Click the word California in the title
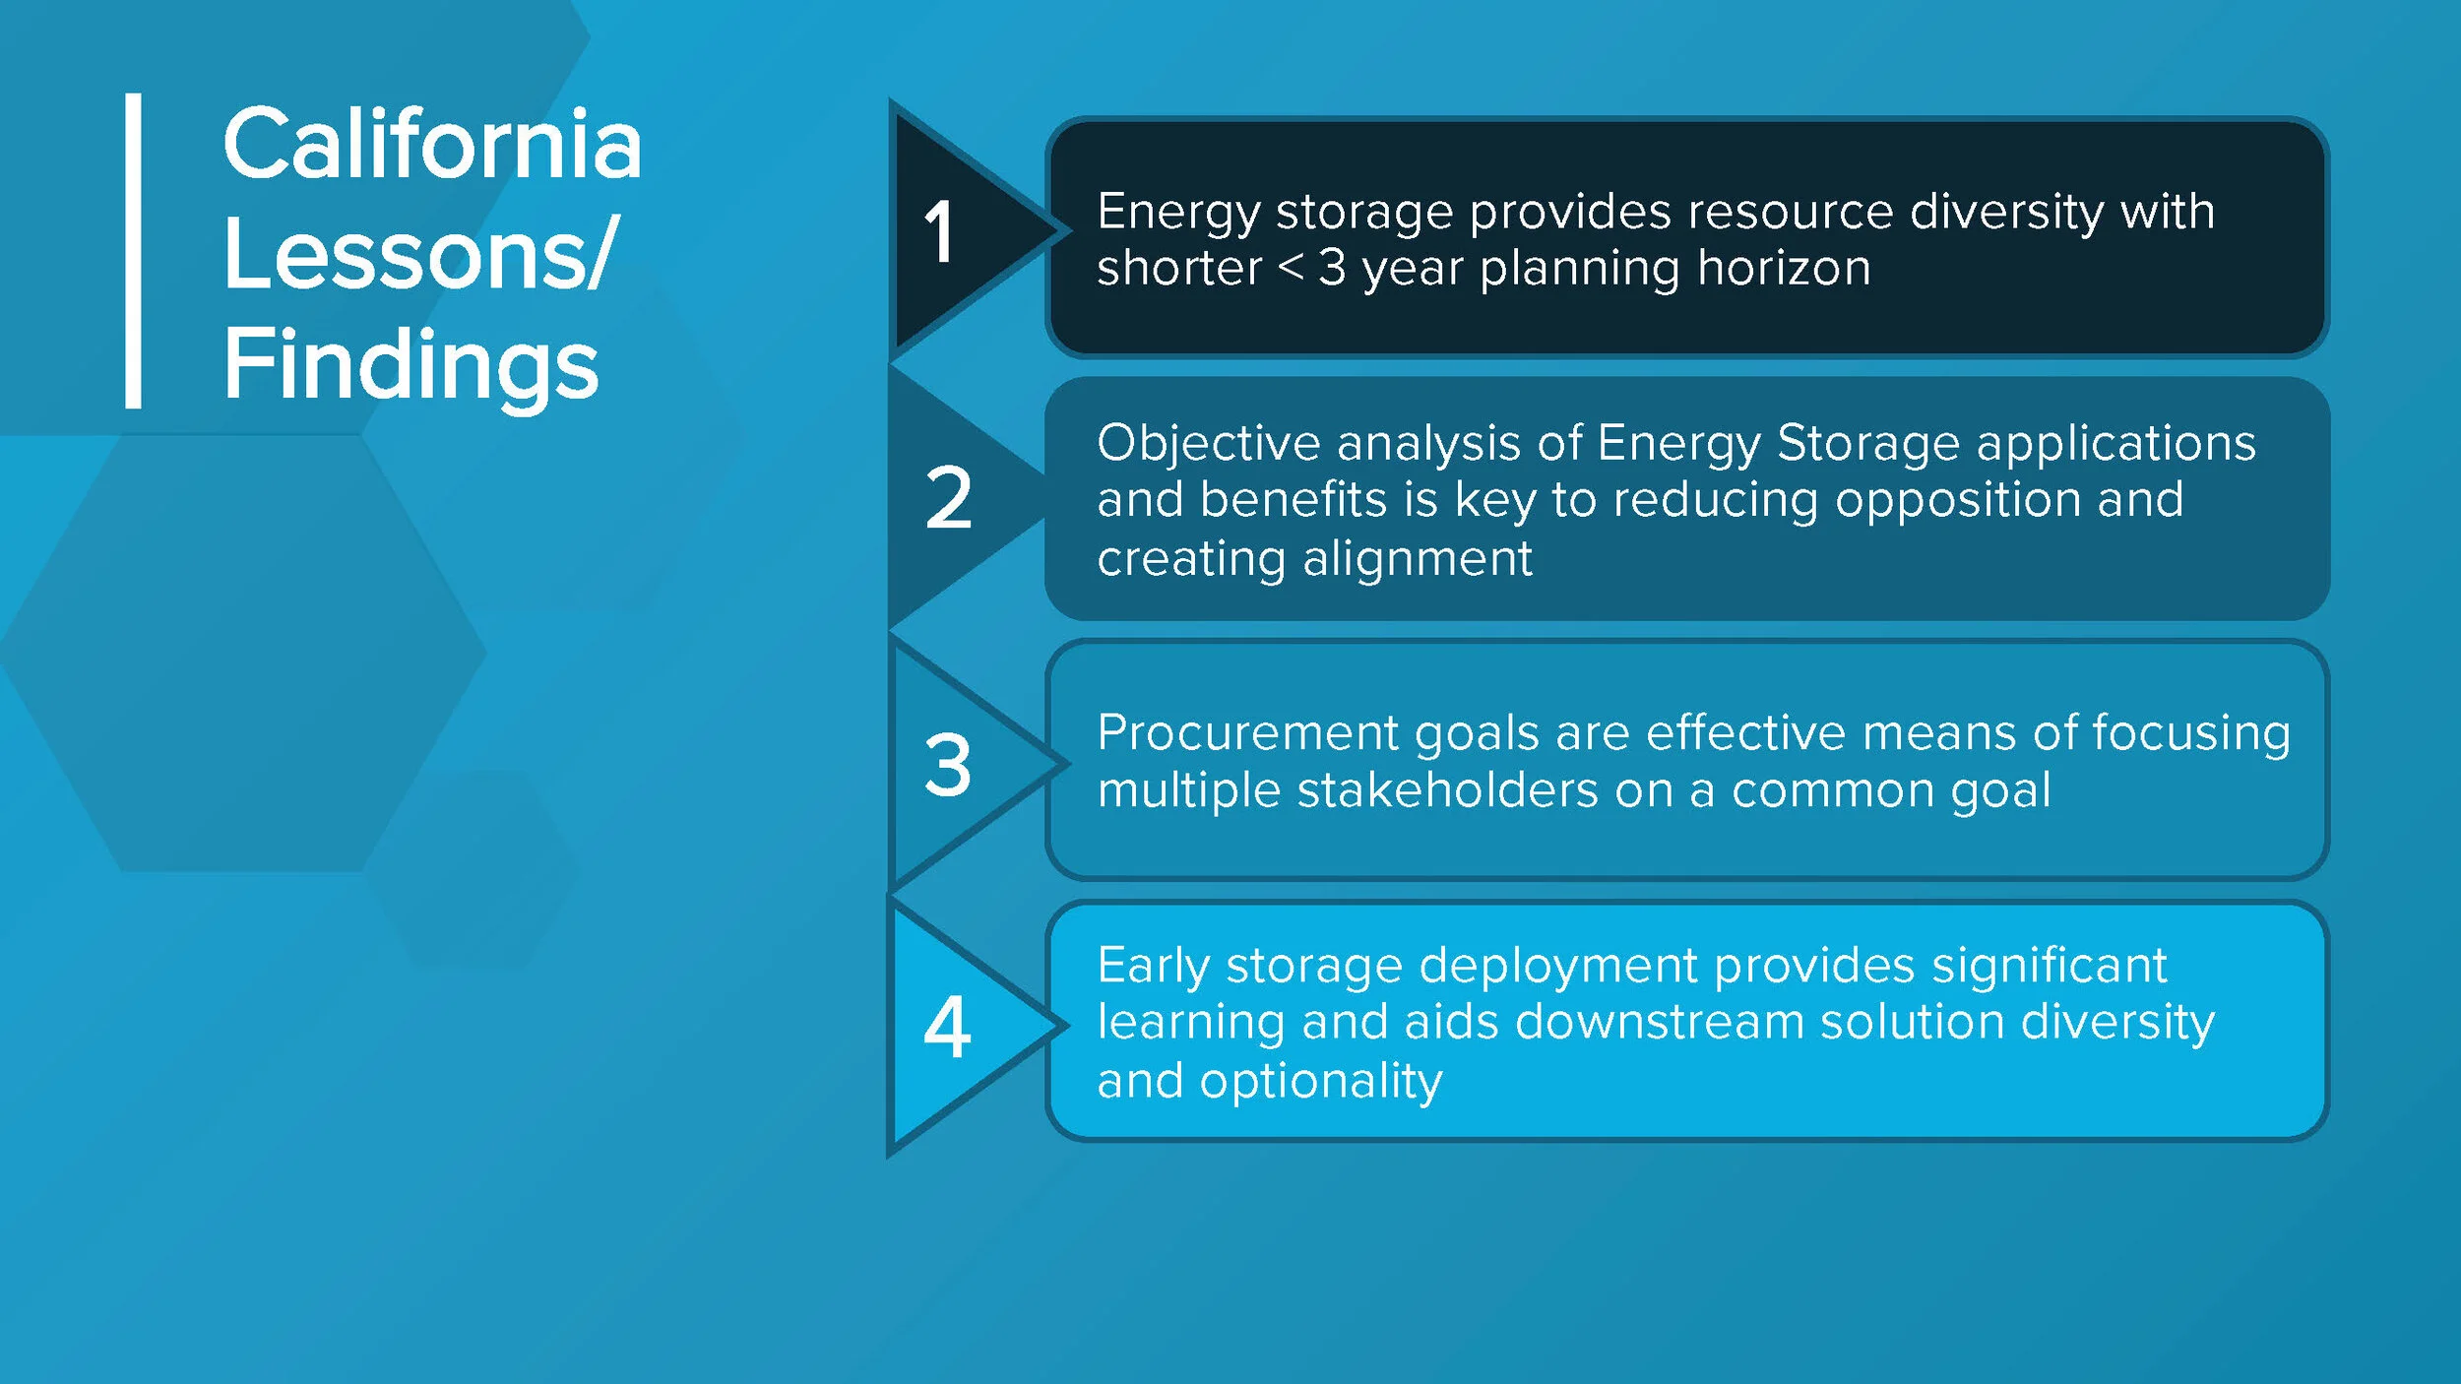(431, 145)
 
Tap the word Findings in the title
(410, 366)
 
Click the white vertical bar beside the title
(133, 250)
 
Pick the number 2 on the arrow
(948, 498)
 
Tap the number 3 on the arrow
(948, 764)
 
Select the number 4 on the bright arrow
(947, 1028)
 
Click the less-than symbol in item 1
(1291, 268)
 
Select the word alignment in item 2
(1418, 559)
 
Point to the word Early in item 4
(1153, 966)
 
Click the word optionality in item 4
(1321, 1082)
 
